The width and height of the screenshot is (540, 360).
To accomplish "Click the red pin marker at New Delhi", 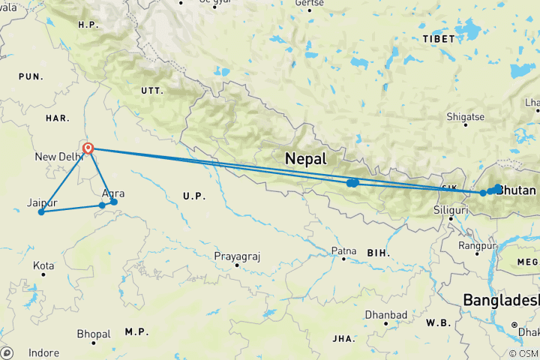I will [88, 148].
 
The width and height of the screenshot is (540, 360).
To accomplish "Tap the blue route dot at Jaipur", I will [41, 212].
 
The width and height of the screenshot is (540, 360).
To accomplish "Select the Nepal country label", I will [305, 159].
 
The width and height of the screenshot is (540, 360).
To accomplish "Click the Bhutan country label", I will [517, 190].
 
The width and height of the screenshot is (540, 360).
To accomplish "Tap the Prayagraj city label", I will [237, 256].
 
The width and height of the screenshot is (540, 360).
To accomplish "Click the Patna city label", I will [343, 251].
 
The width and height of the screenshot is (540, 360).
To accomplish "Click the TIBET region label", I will [439, 38].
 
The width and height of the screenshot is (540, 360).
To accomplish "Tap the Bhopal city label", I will [94, 334].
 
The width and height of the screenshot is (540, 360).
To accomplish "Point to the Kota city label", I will [43, 265].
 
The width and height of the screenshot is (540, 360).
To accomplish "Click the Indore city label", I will [44, 352].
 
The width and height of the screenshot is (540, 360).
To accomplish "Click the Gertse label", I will [310, 3].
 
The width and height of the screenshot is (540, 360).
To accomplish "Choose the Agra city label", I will [112, 193].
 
